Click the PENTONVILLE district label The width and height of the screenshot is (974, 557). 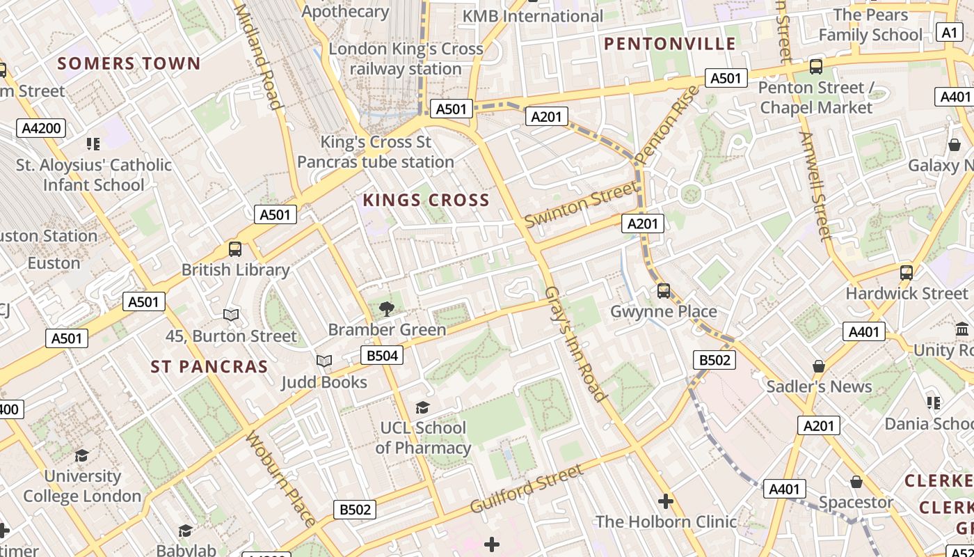pyautogui.click(x=669, y=44)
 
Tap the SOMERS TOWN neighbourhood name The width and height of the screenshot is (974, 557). pyautogui.click(x=129, y=63)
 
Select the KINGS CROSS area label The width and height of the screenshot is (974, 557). pyautogui.click(x=426, y=201)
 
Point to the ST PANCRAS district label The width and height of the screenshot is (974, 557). pyautogui.click(x=209, y=367)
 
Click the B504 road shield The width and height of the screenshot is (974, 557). pyautogui.click(x=382, y=356)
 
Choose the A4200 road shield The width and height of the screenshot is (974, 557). pyautogui.click(x=42, y=128)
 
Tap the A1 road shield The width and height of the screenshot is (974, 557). pyautogui.click(x=950, y=32)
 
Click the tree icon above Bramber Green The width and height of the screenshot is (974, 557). pyautogui.click(x=386, y=308)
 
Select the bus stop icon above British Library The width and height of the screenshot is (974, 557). pyautogui.click(x=235, y=249)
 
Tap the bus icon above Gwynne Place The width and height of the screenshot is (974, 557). pyautogui.click(x=664, y=290)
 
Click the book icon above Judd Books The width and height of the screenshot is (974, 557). pyautogui.click(x=324, y=361)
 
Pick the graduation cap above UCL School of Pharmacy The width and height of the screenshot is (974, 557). pyautogui.click(x=422, y=407)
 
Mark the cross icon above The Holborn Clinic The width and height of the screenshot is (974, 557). pyautogui.click(x=666, y=501)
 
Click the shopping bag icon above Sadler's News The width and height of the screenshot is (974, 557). pyautogui.click(x=819, y=366)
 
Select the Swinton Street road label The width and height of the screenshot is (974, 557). pyautogui.click(x=581, y=204)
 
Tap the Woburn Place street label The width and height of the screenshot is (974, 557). pyautogui.click(x=280, y=478)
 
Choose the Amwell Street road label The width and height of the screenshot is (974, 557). pyautogui.click(x=815, y=186)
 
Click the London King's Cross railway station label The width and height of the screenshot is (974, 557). pyautogui.click(x=406, y=59)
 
